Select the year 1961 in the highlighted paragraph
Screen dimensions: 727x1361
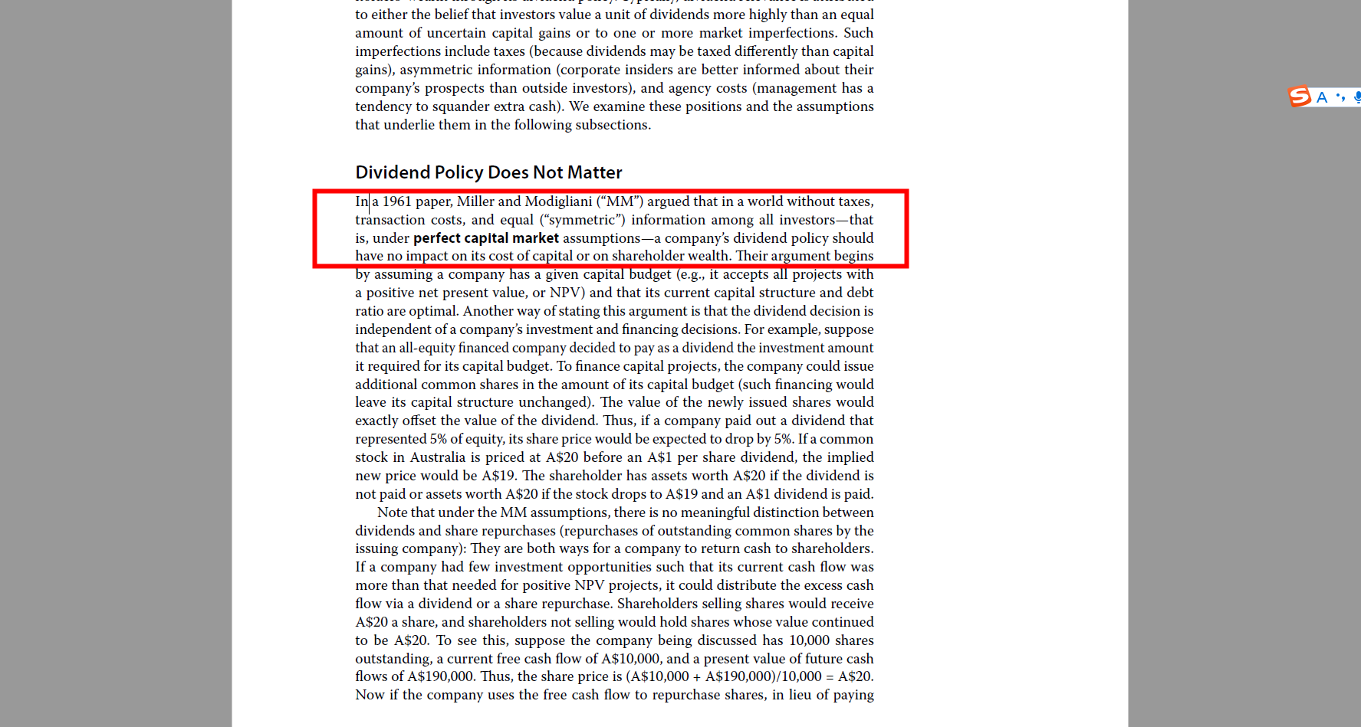(x=396, y=201)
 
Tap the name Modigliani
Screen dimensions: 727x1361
(x=558, y=201)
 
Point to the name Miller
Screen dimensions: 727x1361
(x=475, y=201)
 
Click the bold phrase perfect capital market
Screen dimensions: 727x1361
(x=486, y=238)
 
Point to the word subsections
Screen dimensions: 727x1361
(x=611, y=125)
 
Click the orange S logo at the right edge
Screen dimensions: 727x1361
(x=1299, y=97)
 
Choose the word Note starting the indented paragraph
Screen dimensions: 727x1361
(x=392, y=513)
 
